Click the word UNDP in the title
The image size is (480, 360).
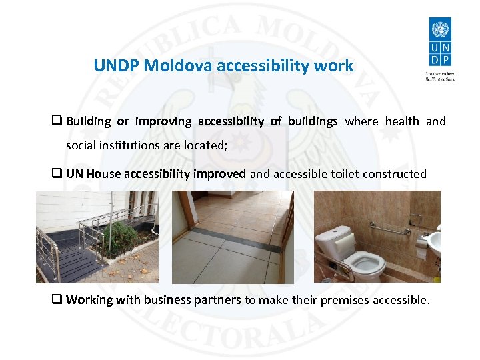pyautogui.click(x=116, y=66)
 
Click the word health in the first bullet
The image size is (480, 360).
pyautogui.click(x=402, y=121)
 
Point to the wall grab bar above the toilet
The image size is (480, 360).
pyautogui.click(x=389, y=229)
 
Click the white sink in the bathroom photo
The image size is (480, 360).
pyautogui.click(x=434, y=241)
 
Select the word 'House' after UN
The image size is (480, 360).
pyautogui.click(x=103, y=174)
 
